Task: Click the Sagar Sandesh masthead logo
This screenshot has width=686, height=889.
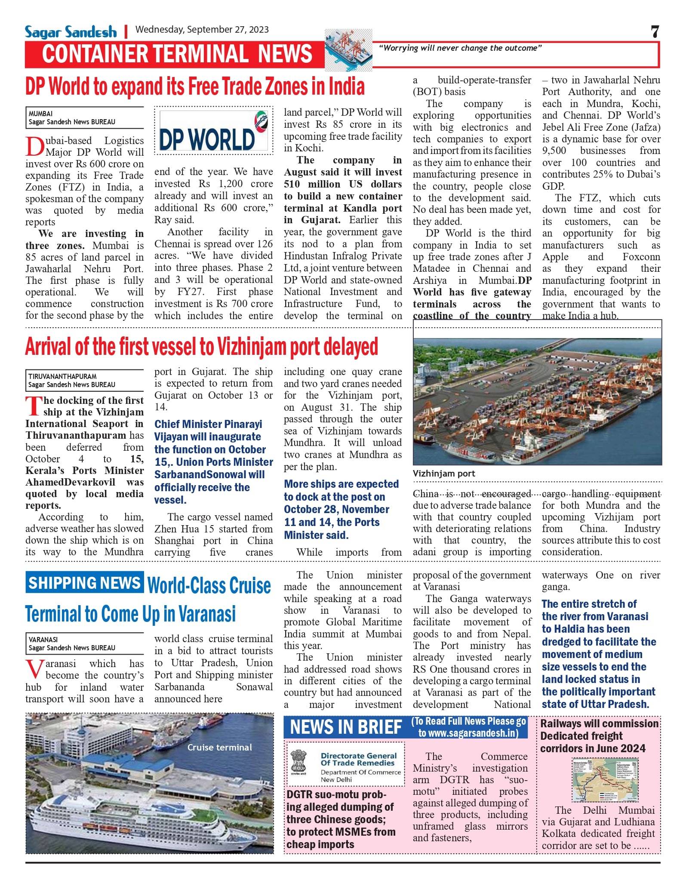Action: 71,32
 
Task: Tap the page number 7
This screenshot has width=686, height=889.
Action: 655,32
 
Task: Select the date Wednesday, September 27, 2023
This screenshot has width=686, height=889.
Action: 202,30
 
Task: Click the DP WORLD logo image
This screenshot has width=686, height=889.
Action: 213,131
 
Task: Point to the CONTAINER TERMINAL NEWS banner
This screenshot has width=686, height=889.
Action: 177,54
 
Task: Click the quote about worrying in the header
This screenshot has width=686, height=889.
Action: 460,48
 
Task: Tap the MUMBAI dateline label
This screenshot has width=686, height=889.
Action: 40,114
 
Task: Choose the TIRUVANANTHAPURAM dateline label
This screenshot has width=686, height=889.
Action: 62,376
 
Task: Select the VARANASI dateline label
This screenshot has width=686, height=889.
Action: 43,640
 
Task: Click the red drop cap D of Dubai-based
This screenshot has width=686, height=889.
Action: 34,147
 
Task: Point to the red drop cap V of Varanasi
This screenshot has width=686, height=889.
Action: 34,669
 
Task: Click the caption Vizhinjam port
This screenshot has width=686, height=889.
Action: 444,474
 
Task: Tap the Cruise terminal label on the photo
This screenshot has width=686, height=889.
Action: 219,747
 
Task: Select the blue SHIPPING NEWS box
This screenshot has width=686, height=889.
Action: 84,583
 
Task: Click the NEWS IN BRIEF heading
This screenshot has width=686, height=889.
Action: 346,727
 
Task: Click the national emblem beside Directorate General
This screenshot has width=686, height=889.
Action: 298,762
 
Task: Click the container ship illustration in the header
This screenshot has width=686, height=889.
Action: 348,49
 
